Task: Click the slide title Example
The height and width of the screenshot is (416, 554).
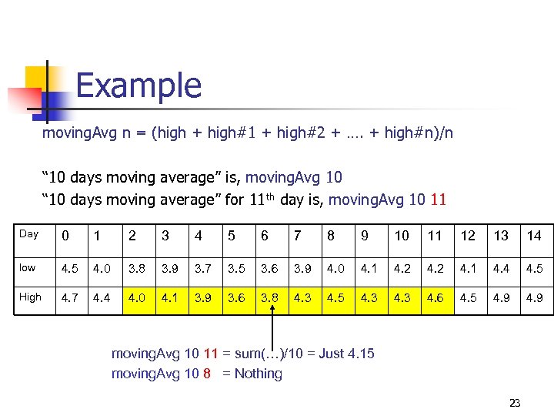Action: [x=138, y=86]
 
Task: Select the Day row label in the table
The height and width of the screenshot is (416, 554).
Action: [x=28, y=234]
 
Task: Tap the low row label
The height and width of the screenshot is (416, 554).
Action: [x=28, y=267]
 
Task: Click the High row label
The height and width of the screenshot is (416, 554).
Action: [x=30, y=297]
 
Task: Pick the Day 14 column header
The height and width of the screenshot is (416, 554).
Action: [x=534, y=236]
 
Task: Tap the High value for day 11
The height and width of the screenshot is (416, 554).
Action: [x=435, y=297]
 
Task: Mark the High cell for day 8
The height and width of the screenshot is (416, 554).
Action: [x=335, y=297]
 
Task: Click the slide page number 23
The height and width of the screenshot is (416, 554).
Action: [x=515, y=403]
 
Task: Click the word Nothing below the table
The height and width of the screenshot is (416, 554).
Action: [x=258, y=374]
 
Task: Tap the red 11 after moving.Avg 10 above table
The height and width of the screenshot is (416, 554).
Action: [x=438, y=201]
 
